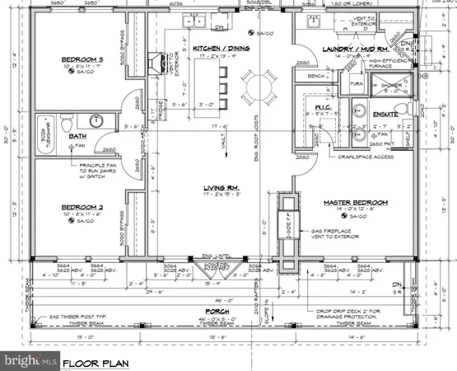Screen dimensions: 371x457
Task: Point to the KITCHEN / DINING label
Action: pyautogui.click(x=220, y=49)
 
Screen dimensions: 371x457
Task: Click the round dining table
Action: pyautogui.click(x=256, y=84)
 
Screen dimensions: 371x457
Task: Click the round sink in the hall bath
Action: pyautogui.click(x=96, y=120)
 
